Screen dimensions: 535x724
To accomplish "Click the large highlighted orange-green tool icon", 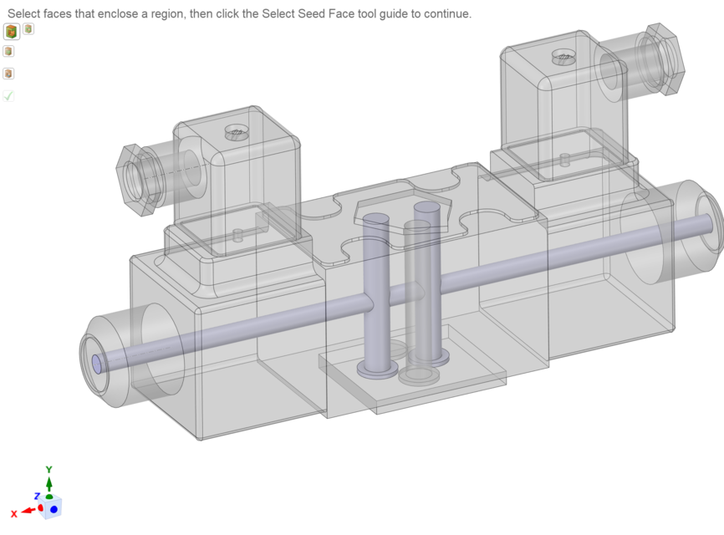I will (11, 32).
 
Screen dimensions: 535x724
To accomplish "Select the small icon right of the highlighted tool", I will (28, 29).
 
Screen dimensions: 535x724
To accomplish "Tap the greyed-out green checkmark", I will (8, 96).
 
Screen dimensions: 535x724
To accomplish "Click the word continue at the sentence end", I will (447, 14).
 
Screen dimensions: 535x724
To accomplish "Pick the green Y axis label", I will (49, 470).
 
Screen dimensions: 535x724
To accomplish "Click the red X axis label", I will (13, 513).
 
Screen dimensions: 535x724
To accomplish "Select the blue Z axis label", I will (37, 497).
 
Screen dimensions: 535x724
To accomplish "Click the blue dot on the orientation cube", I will (54, 508).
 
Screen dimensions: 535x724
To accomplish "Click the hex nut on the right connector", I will (663, 59).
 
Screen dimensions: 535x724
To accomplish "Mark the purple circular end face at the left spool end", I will (96, 364).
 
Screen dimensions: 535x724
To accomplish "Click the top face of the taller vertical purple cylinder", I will (427, 206).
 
